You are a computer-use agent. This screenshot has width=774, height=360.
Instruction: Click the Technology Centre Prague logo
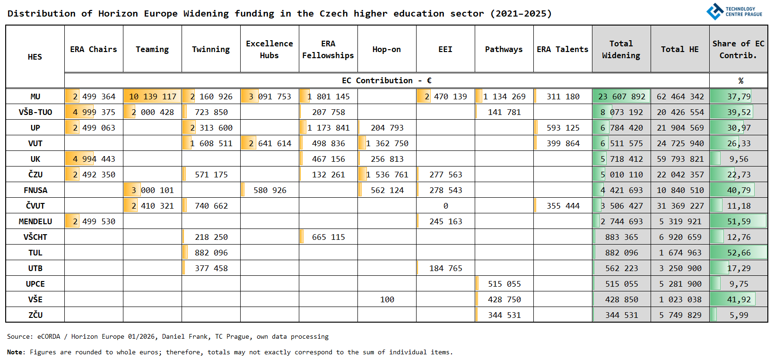coord(734,11)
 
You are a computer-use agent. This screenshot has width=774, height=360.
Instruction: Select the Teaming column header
coord(152,49)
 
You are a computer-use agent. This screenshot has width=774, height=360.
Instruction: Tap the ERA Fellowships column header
coord(328,49)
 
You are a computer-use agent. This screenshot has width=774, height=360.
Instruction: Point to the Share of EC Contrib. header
coord(738,49)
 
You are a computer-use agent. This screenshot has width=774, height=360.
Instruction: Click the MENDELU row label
coord(35,221)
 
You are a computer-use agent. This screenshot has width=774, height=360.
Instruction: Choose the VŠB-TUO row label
coord(35,112)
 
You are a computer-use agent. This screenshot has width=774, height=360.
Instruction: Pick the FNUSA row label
coord(35,190)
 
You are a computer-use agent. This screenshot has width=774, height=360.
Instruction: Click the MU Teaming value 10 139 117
coord(152,97)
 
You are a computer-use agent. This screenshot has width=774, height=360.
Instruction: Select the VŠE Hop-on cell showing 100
coord(387,299)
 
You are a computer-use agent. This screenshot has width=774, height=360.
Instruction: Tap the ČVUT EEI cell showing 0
coord(445,206)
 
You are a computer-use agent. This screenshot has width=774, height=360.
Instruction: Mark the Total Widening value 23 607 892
coord(621,97)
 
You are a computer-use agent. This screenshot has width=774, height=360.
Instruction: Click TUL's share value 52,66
coord(739,253)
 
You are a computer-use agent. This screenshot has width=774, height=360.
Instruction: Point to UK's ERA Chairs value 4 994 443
coord(94,159)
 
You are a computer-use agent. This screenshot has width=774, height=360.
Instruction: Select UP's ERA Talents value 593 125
coord(563,128)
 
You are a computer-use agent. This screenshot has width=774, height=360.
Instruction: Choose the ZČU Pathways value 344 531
coord(504,315)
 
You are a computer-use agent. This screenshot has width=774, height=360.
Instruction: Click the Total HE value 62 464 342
coord(680,97)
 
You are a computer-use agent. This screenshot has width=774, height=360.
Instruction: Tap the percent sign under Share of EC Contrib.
coord(740,81)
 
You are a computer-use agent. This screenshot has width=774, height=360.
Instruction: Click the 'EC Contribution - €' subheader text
coord(386,80)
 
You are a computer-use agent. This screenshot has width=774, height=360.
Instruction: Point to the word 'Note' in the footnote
coord(15,352)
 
